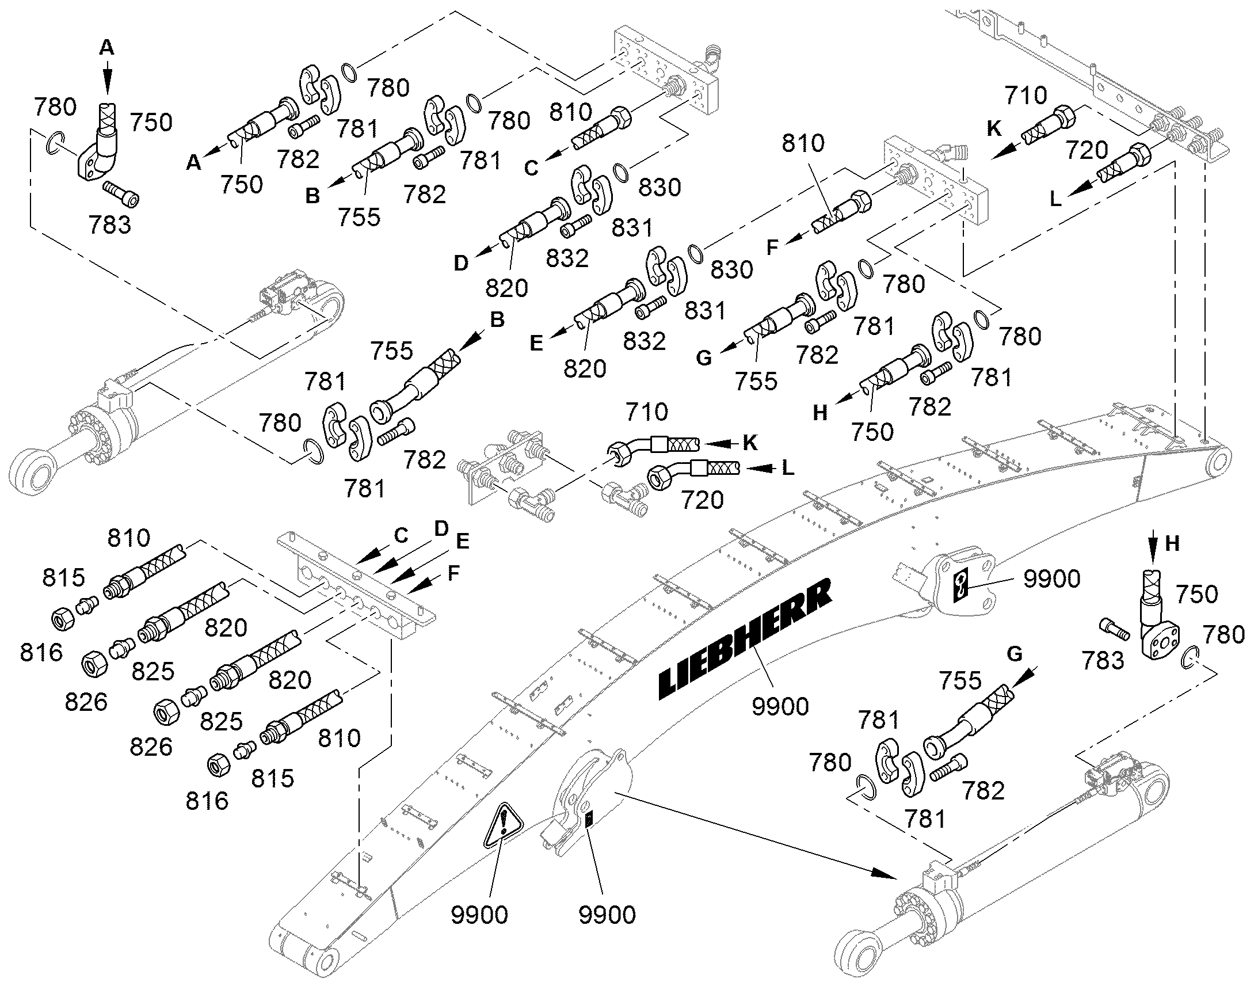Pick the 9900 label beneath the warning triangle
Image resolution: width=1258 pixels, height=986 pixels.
pyautogui.click(x=479, y=915)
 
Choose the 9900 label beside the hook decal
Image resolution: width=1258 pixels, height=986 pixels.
pyautogui.click(x=1052, y=578)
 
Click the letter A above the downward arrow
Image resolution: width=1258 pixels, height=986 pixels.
pyautogui.click(x=107, y=47)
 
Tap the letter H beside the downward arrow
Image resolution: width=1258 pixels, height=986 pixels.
pyautogui.click(x=1172, y=544)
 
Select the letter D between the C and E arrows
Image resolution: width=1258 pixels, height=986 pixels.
pyautogui.click(x=441, y=528)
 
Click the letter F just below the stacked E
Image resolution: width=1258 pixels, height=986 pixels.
pyautogui.click(x=454, y=573)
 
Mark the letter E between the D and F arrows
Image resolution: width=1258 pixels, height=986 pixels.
pyautogui.click(x=462, y=542)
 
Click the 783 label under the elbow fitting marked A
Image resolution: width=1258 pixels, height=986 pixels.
pyautogui.click(x=110, y=225)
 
